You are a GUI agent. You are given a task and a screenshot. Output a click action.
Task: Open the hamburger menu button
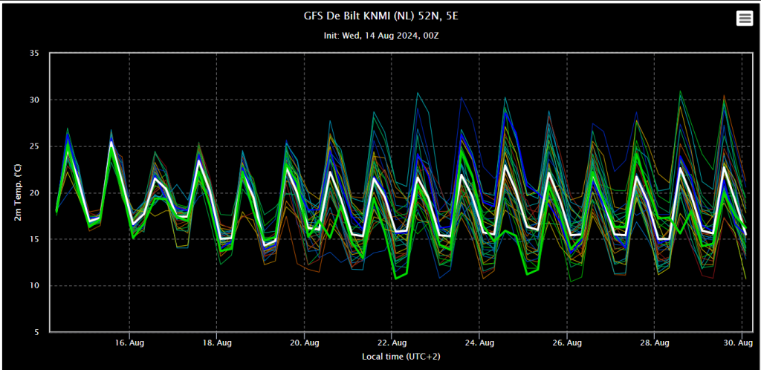tap(744, 19)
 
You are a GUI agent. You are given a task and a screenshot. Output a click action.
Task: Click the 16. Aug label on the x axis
tap(129, 343)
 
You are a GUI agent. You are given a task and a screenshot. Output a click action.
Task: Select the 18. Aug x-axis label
tap(217, 343)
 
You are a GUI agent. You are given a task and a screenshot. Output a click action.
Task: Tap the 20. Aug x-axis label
tap(305, 343)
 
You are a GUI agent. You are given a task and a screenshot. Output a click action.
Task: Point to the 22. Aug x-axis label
tap(392, 343)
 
